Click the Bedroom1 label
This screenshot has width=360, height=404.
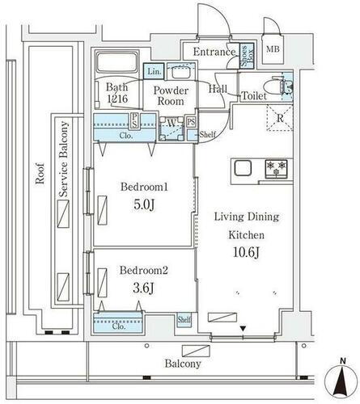[144, 187]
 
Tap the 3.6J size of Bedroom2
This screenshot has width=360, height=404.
[143, 288]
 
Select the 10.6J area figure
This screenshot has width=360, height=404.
[246, 253]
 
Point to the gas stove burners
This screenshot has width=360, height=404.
[276, 169]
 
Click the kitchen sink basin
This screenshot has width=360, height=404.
[243, 168]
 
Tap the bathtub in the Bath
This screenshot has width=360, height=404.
[117, 62]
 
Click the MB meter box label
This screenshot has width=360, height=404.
[273, 49]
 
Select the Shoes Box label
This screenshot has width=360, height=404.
[247, 56]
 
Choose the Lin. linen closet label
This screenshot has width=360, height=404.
[155, 72]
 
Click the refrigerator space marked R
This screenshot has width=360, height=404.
[280, 118]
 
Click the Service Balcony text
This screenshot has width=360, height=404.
[64, 159]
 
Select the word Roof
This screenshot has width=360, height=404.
[40, 174]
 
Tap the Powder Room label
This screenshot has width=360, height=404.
[171, 95]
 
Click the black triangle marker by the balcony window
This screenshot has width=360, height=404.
[243, 329]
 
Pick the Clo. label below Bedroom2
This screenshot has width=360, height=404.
[119, 326]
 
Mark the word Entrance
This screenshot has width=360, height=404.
[214, 52]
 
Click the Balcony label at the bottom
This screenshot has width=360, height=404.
[183, 364]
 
